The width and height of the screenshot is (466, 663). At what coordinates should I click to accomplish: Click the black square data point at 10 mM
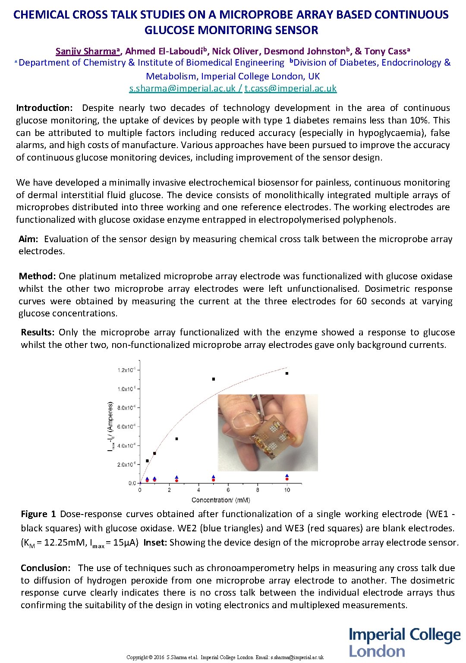287,373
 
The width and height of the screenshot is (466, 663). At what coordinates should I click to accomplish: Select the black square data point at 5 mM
214,379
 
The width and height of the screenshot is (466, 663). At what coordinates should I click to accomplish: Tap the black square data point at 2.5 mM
176,439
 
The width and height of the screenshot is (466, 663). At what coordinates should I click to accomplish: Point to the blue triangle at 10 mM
287,476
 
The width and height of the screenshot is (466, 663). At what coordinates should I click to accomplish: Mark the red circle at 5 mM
214,480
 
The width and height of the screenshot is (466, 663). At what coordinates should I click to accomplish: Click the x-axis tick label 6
228,490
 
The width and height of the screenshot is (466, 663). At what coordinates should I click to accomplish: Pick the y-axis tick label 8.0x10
127,408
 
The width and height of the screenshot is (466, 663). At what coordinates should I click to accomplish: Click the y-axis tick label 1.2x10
127,370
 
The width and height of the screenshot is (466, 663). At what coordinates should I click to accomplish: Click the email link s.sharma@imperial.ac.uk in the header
183,89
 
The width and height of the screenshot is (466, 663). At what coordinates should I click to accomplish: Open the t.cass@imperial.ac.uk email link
290,89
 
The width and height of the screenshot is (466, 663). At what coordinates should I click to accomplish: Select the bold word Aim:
28,239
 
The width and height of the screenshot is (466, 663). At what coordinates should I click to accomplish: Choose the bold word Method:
37,276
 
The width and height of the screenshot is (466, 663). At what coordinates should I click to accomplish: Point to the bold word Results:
38,332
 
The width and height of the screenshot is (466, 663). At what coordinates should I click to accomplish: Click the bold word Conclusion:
45,568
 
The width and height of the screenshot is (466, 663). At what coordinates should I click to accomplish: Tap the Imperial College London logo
404,643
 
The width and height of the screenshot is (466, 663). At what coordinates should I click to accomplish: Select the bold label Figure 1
38,514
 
